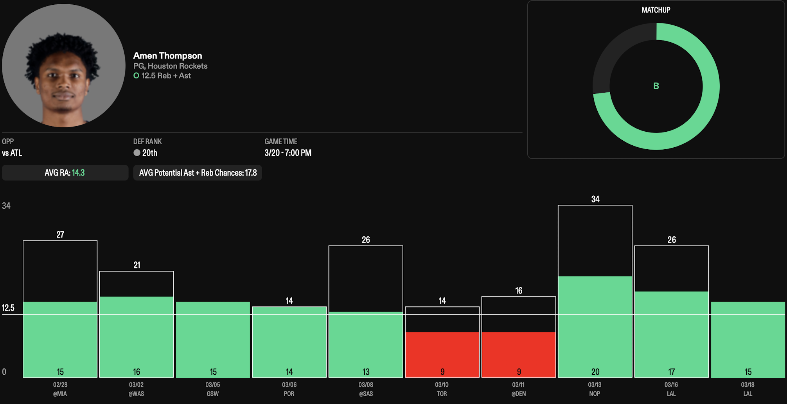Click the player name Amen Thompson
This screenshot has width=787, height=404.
[167, 55]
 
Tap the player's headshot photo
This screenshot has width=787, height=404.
[63, 66]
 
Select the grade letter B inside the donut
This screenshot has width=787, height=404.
[656, 86]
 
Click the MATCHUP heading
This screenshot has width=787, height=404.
[656, 10]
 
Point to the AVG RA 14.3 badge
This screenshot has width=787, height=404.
[65, 173]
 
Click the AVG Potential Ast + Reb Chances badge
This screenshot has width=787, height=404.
[198, 173]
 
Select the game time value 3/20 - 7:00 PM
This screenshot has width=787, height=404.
[288, 153]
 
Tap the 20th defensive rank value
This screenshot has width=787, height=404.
[149, 153]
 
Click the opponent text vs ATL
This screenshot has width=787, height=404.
[12, 153]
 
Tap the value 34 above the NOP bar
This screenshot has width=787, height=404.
[595, 199]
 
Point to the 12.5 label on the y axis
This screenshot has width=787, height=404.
[8, 308]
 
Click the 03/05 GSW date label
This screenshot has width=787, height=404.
[213, 389]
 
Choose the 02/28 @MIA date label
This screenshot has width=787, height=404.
[60, 389]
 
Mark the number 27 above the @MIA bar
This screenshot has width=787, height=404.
[60, 235]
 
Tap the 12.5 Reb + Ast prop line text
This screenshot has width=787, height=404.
[166, 76]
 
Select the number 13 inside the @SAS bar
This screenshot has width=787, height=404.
[366, 372]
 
